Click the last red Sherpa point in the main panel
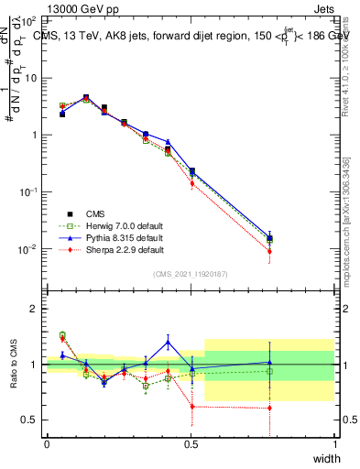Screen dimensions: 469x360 [x=269, y=251]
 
